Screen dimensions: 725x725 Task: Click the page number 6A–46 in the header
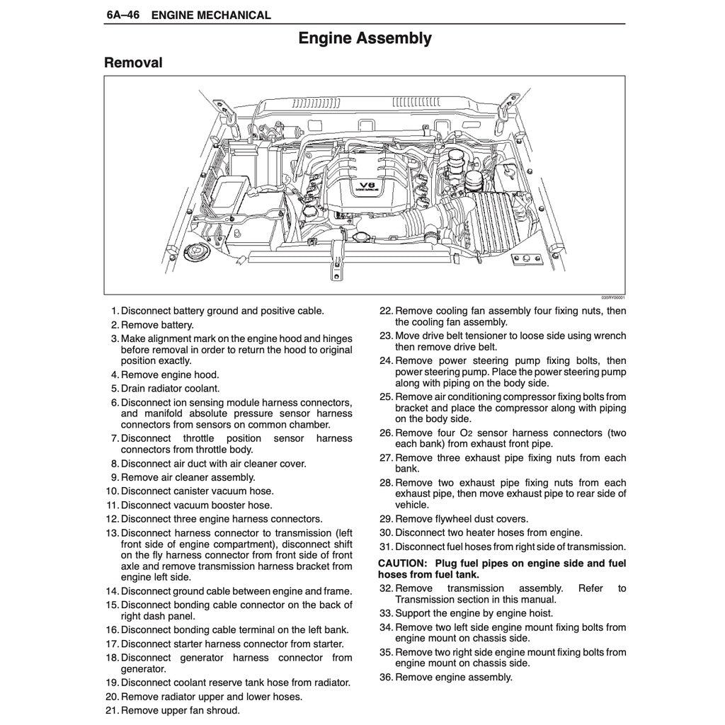122,15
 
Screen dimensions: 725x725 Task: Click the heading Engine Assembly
365,38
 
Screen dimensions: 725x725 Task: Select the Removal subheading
133,63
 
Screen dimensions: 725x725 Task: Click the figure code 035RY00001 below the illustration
613,298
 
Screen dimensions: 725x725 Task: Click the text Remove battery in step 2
156,325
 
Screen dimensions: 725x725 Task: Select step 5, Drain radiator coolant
170,389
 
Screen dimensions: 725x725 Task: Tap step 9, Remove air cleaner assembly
188,477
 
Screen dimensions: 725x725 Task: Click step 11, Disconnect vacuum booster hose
196,505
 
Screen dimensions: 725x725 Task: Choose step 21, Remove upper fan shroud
180,710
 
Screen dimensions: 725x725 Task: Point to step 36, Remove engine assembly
453,677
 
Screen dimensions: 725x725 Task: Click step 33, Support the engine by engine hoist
474,613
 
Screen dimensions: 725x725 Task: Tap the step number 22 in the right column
386,311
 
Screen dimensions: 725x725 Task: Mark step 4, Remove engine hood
170,375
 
